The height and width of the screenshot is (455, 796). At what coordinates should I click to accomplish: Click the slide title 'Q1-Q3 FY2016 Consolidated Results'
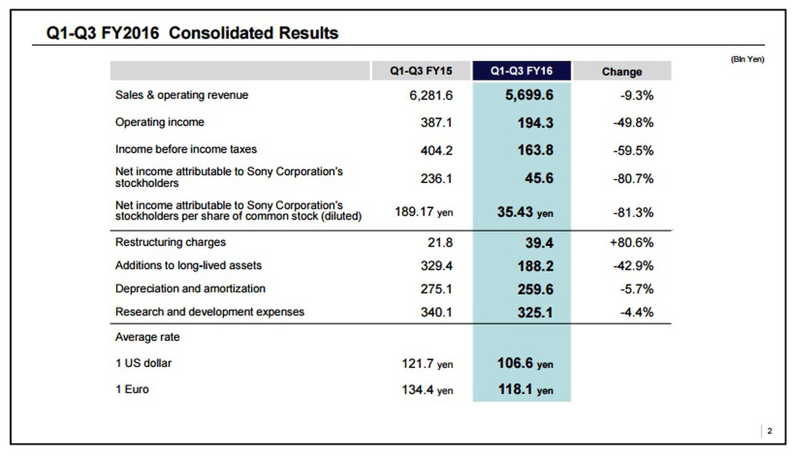point(192,33)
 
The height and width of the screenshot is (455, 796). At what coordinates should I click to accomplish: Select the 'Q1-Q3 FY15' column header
point(421,71)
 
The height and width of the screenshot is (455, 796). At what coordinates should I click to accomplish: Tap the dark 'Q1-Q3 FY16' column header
point(521,71)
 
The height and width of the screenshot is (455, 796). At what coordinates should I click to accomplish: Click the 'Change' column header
point(622,72)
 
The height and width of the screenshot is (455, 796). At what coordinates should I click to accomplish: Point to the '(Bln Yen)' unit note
point(748,59)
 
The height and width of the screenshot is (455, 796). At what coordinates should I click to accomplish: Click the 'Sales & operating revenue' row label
point(182,95)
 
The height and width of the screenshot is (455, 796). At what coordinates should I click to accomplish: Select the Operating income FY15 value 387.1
point(436,123)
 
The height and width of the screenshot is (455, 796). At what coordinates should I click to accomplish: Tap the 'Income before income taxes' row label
point(186,149)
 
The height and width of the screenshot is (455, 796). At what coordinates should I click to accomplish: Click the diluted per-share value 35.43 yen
point(525,213)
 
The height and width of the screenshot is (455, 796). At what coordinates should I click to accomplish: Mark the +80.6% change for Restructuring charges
point(631,243)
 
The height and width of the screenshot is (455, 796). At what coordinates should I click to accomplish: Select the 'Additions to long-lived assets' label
point(188,265)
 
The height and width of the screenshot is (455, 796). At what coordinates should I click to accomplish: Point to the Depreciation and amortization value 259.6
point(535,290)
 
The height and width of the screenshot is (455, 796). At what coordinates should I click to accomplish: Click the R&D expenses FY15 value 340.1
point(436,312)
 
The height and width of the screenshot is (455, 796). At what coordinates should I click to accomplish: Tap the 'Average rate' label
point(147,337)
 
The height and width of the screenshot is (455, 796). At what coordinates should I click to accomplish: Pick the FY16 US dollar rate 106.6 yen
point(525,364)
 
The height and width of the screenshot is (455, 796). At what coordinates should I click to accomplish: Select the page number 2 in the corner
point(769,432)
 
